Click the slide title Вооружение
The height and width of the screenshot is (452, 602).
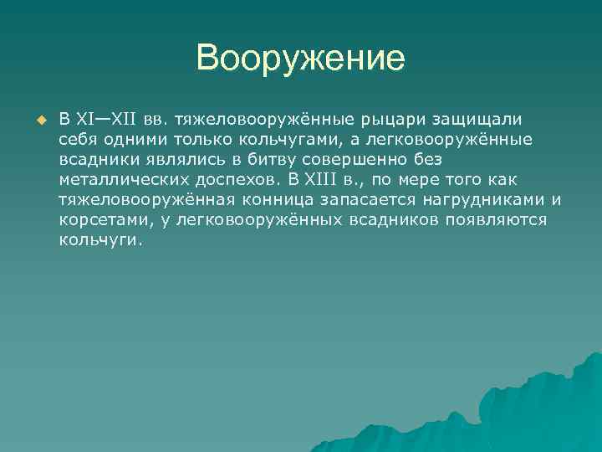300,59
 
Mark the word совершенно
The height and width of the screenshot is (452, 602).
347,159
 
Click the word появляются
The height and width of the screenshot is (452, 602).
501,219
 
